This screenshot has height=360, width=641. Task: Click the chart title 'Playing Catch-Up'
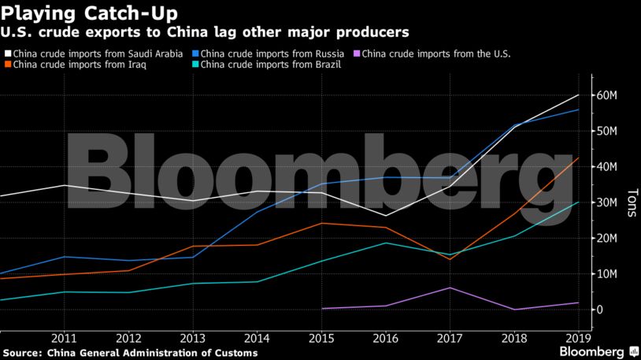pos(89,13)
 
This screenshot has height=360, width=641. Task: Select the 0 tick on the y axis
pos(600,310)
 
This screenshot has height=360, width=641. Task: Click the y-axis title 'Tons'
pos(631,202)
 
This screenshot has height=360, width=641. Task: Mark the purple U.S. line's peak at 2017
pos(449,288)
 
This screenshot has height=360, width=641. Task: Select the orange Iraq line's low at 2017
pos(449,259)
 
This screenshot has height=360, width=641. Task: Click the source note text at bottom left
pos(129,352)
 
